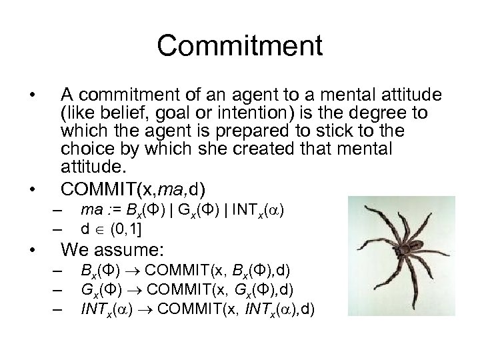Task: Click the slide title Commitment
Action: (x=240, y=46)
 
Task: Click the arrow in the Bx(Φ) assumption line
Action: (x=134, y=272)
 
